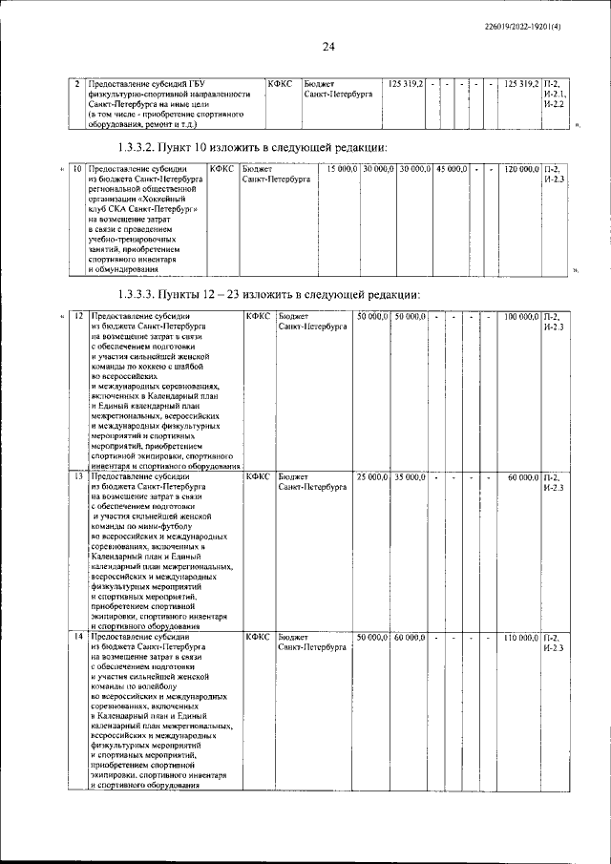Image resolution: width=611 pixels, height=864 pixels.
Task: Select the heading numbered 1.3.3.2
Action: [x=252, y=147]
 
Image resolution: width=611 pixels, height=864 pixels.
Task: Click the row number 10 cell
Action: [x=77, y=169]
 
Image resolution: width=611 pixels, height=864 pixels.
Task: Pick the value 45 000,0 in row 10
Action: [x=451, y=169]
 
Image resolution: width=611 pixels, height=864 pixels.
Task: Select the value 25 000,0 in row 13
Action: [x=371, y=475]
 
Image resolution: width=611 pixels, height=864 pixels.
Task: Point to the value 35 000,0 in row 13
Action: [x=410, y=475]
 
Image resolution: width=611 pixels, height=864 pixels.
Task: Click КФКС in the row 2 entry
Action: [x=281, y=84]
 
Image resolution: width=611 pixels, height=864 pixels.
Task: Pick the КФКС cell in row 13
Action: [x=257, y=475]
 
